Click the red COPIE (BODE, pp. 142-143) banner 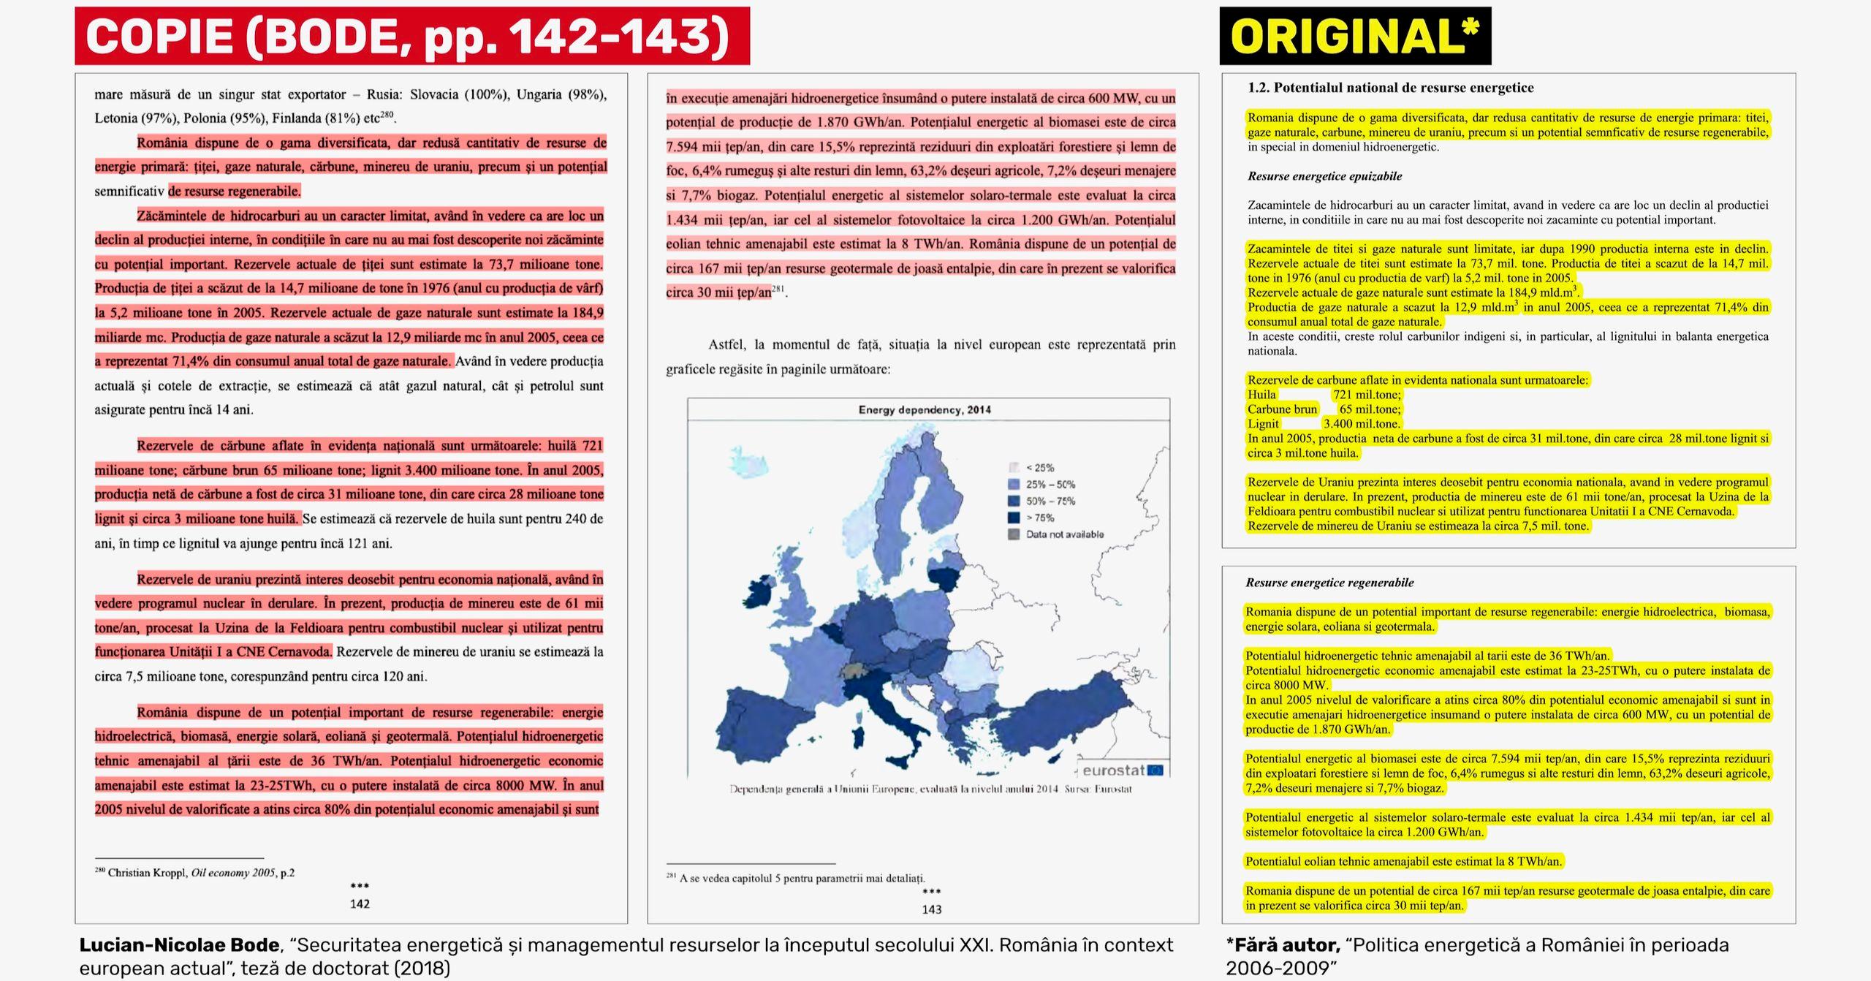point(411,36)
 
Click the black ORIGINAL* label point(1354,36)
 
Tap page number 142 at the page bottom point(360,904)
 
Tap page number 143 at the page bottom point(931,909)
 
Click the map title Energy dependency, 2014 point(925,410)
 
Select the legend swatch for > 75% point(1014,518)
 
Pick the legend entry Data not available point(1064,534)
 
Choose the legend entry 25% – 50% point(1050,484)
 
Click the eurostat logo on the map point(1122,770)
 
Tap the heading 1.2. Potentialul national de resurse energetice point(1390,88)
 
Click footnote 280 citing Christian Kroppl point(195,872)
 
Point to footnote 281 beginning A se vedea point(796,878)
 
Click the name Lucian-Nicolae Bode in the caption point(179,945)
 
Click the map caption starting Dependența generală point(930,789)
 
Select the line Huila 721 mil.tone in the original point(1324,395)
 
